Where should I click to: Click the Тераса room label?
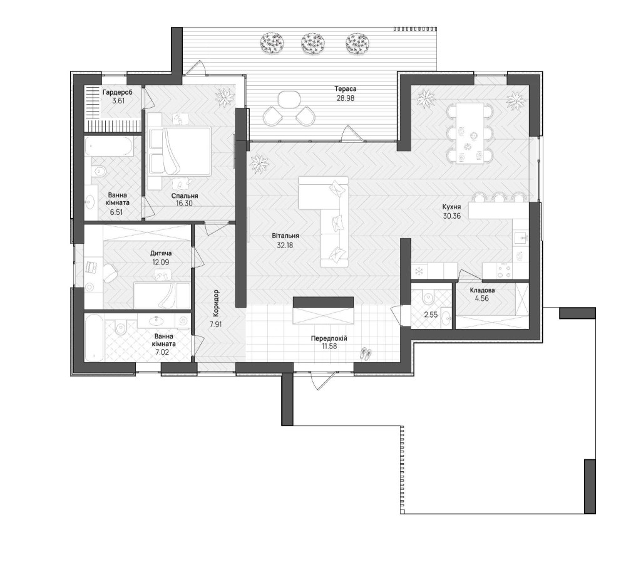click(346, 89)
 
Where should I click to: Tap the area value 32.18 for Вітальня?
click(285, 246)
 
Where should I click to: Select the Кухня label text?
click(451, 207)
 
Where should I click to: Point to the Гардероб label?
click(118, 93)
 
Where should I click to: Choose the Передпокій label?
click(329, 338)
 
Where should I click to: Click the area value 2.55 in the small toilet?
click(431, 315)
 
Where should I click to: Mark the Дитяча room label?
click(161, 253)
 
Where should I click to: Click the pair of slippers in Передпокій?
click(366, 353)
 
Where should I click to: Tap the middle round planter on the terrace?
click(312, 43)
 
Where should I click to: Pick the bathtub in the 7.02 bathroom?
click(95, 337)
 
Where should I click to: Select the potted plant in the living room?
click(260, 164)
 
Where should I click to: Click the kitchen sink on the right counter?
click(521, 239)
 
